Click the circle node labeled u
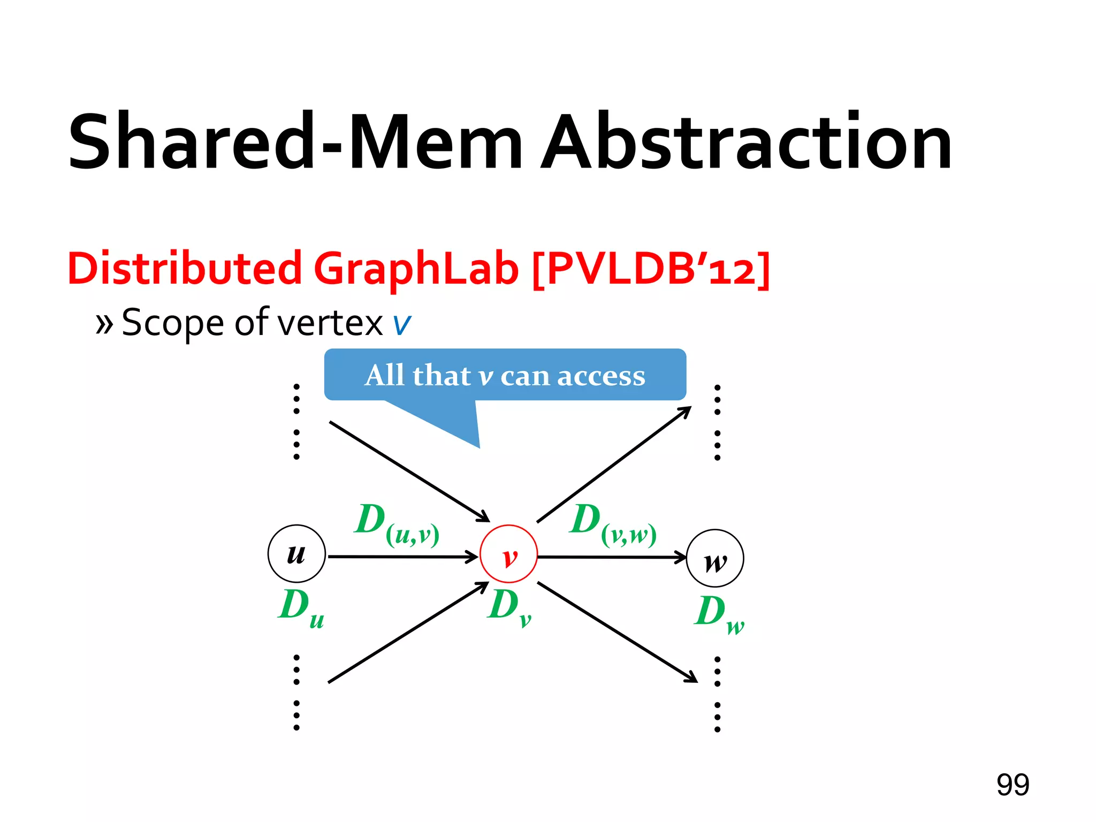296,553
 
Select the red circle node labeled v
508,554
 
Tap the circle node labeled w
715,558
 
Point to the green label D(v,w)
613,524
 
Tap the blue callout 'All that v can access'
505,375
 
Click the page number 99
1013,785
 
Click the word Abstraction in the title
747,142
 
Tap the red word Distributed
185,268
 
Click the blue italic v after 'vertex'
402,324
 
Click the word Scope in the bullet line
172,323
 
